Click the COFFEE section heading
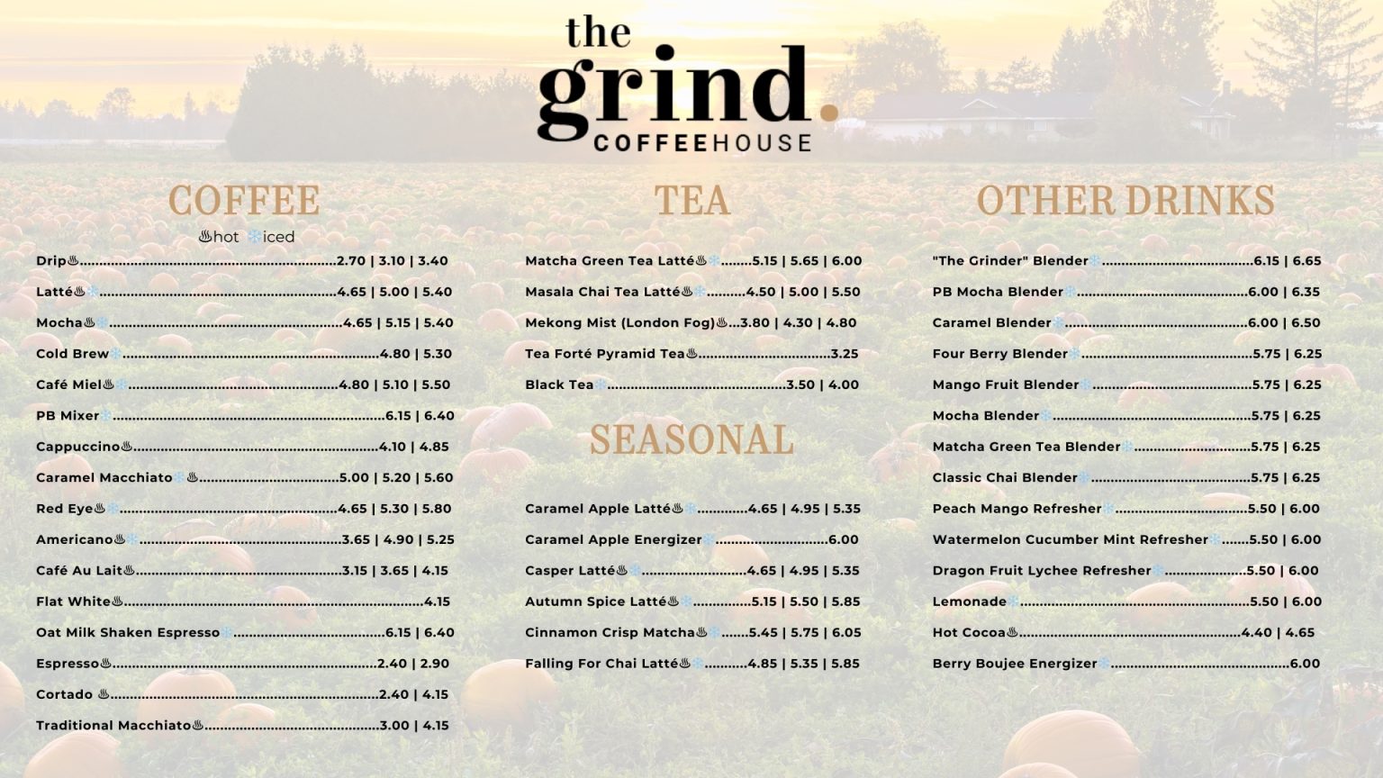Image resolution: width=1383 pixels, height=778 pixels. pos(243,200)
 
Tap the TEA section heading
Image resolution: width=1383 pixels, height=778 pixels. pos(691,200)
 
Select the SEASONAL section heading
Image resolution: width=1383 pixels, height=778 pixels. pos(691,439)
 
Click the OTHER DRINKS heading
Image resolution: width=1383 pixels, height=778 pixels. pos(1125,200)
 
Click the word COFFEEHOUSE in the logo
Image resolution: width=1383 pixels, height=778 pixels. pos(702,142)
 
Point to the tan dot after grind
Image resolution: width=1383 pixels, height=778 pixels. pos(828,112)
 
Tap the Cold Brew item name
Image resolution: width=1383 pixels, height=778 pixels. pos(72,354)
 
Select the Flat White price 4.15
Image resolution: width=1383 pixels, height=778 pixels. pos(437,602)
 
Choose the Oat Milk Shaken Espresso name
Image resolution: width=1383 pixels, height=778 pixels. pos(128,633)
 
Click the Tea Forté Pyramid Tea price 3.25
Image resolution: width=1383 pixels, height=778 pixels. pos(845,354)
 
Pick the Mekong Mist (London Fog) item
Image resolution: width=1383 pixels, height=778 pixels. pos(619,322)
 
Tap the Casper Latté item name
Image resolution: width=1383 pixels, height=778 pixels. pos(570,571)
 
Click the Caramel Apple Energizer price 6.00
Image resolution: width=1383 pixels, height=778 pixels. pos(843,540)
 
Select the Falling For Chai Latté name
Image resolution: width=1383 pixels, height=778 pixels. pos(601,664)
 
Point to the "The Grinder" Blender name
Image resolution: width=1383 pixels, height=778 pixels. pos(1010,261)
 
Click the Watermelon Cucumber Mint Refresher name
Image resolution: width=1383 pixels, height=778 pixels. pos(1070,540)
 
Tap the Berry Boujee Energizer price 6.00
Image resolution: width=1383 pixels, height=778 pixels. pos(1305,664)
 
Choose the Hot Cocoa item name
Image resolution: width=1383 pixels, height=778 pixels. pos(969,633)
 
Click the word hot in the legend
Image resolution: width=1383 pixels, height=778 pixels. pos(226,237)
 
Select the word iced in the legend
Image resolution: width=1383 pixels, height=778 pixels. pos(279,237)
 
